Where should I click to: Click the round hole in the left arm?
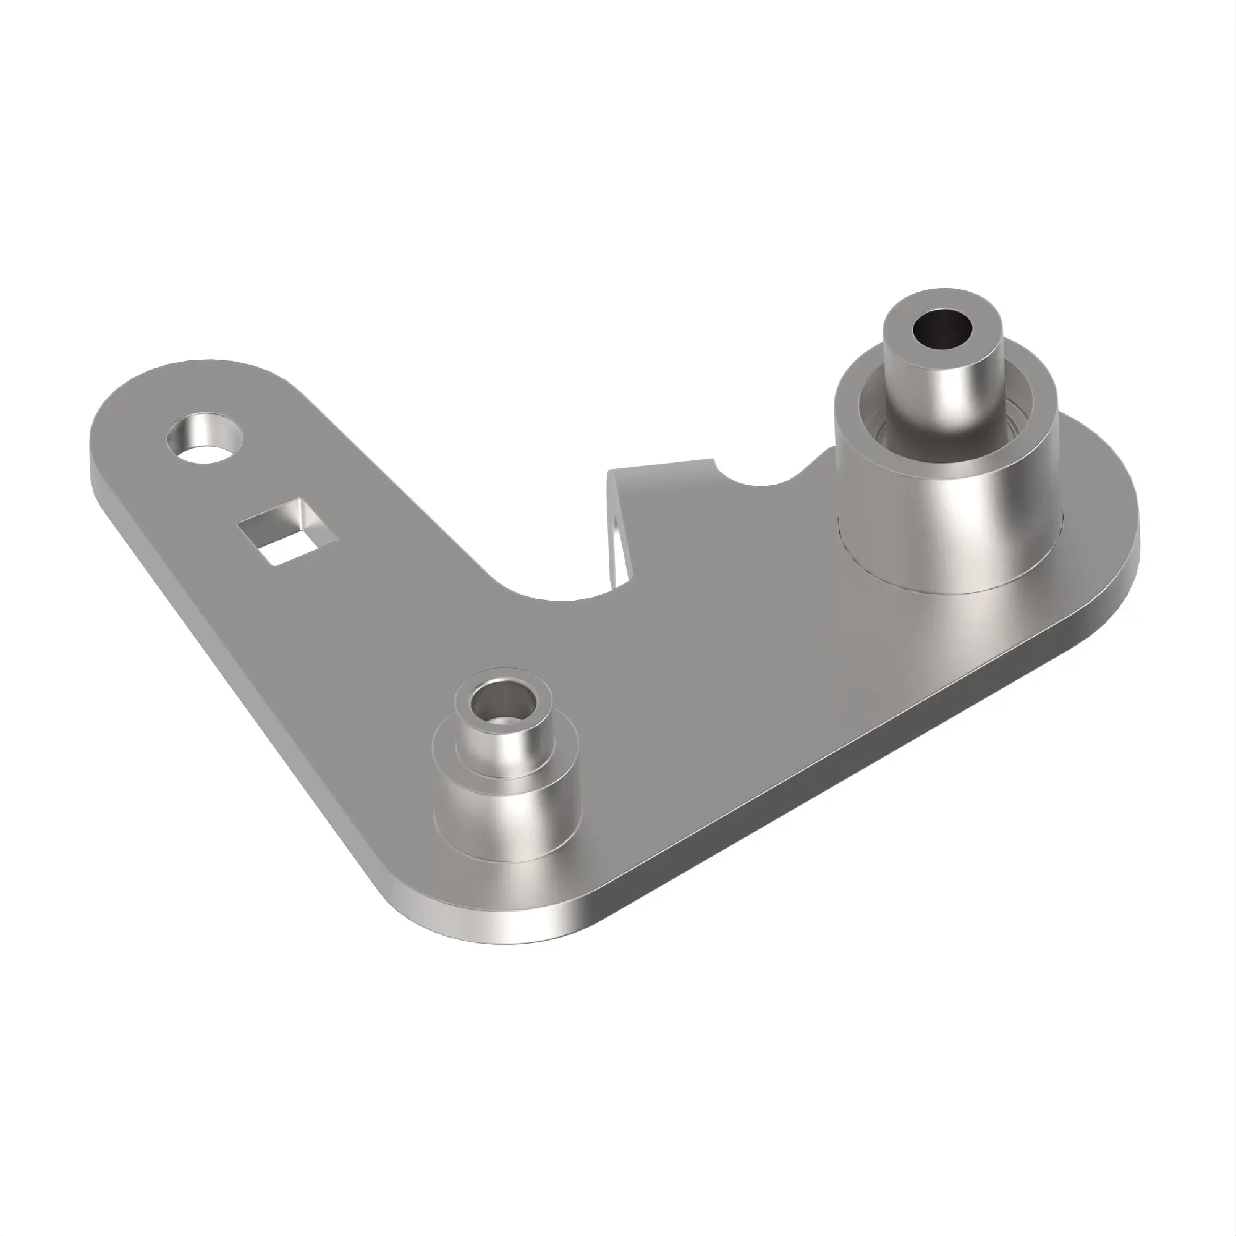coord(205,439)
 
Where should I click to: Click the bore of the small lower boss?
coord(501,703)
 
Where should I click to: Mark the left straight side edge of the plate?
coord(243,691)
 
